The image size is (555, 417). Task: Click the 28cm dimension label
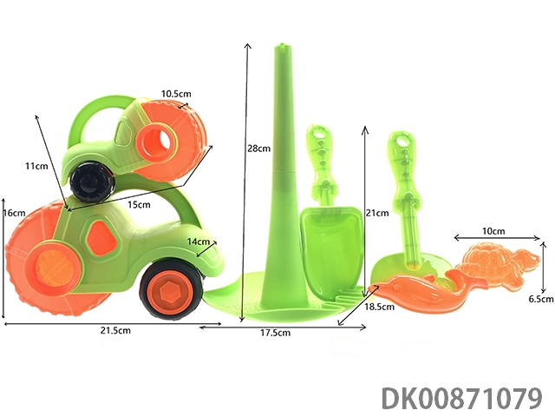(258, 149)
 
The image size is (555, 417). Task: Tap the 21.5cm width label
(115, 330)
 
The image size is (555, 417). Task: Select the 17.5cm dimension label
(276, 333)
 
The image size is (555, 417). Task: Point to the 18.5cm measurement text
(380, 307)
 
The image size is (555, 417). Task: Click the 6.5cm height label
(541, 299)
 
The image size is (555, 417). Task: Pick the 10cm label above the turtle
(493, 231)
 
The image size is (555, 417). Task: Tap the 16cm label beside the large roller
(14, 213)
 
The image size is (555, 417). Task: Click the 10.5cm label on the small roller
(176, 94)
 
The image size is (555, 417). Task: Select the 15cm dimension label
(139, 205)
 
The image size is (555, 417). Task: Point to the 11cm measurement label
(36, 166)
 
